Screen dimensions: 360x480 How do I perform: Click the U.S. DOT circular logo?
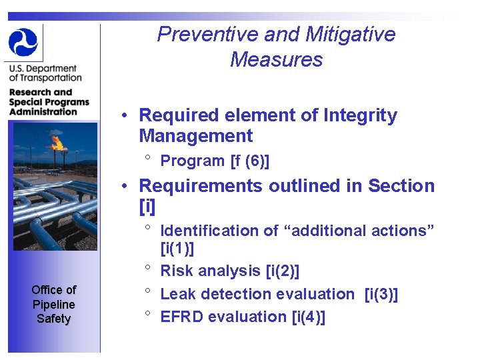[23, 42]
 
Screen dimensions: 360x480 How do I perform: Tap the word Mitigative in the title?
[347, 35]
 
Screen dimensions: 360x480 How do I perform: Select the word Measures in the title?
[276, 60]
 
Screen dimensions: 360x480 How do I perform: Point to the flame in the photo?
[57, 142]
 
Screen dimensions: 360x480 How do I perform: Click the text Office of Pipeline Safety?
[53, 304]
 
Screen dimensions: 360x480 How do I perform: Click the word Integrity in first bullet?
[360, 116]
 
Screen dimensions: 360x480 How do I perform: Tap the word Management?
[195, 137]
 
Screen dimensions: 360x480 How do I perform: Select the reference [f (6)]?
[249, 161]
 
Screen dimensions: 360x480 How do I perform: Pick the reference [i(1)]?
[177, 249]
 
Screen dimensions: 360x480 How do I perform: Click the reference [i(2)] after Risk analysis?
[282, 271]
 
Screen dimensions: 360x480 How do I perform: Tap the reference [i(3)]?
[381, 294]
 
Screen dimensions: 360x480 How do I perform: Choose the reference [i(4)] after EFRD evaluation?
[309, 317]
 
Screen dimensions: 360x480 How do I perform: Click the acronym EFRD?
[182, 317]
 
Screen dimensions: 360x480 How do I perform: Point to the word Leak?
[176, 294]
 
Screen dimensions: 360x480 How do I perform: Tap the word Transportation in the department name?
[53, 78]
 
